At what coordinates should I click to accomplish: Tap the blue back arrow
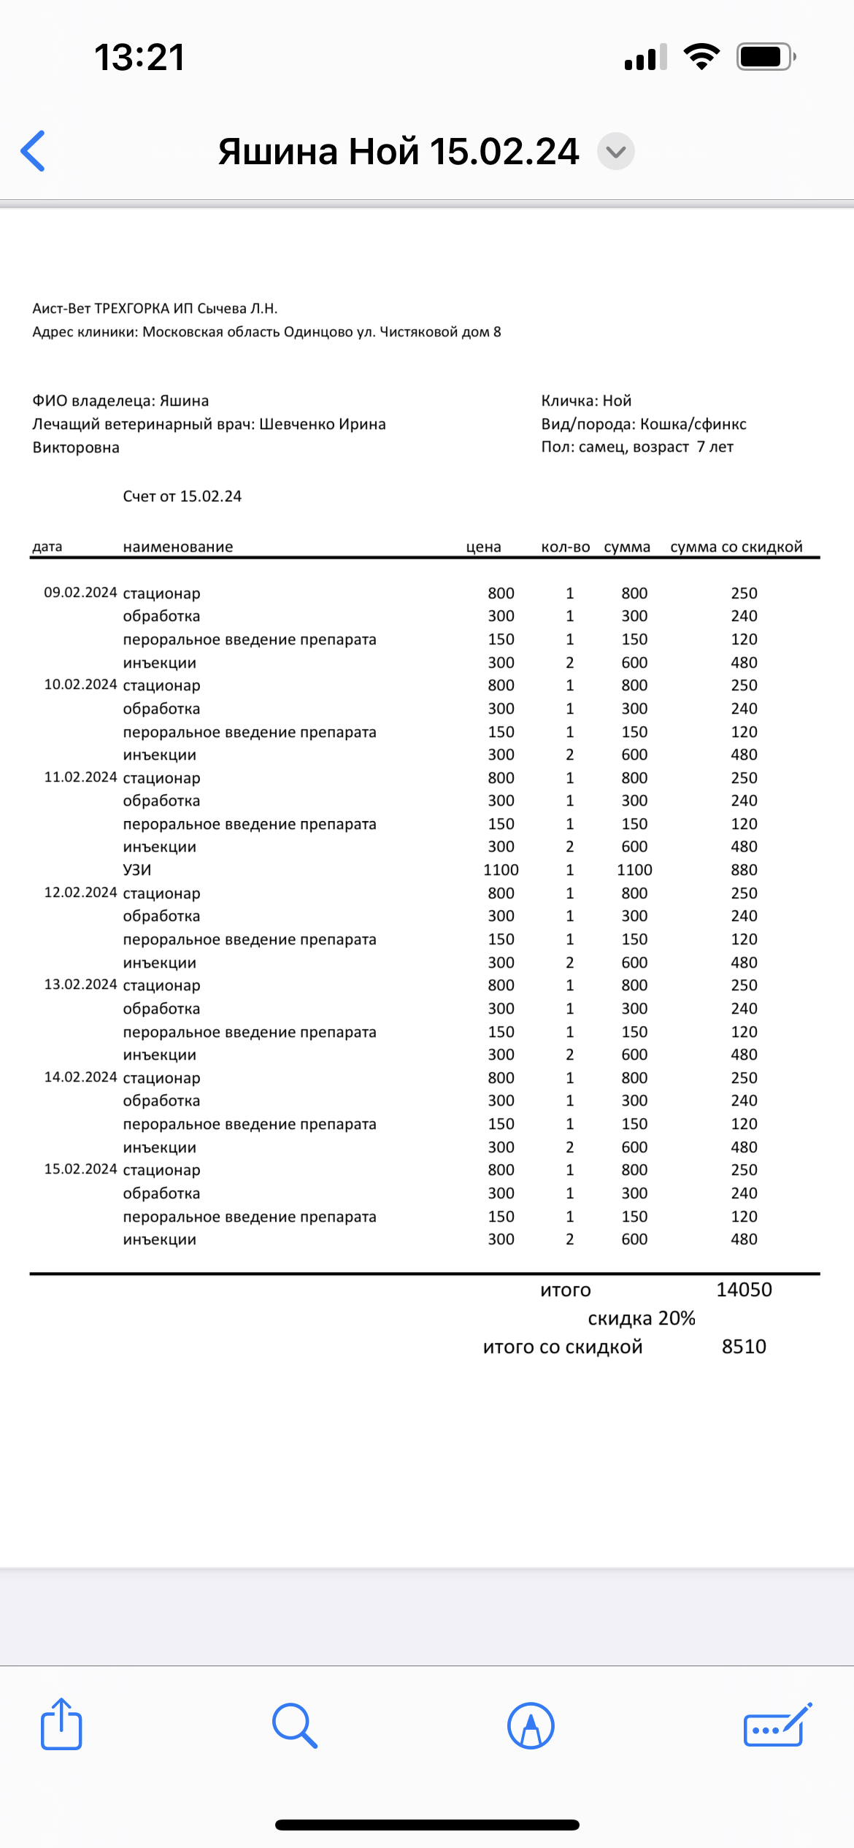point(34,151)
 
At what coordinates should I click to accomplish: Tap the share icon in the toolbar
point(61,1724)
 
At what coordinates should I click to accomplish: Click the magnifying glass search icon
point(294,1725)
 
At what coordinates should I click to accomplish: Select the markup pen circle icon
point(531,1725)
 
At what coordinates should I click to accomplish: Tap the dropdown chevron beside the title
point(616,152)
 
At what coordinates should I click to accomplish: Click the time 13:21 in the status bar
point(139,57)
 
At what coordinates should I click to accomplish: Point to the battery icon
point(765,57)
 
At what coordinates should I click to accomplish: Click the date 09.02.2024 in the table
point(80,593)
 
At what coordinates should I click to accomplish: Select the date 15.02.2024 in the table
point(80,1169)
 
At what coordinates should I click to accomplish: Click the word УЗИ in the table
point(137,870)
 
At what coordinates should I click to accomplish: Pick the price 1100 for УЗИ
point(501,870)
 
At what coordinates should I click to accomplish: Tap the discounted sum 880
point(744,870)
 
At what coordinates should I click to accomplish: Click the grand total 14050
point(744,1290)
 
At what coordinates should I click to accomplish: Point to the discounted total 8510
point(744,1347)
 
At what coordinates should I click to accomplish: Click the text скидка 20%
point(641,1318)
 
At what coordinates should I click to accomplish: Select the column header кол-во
point(566,547)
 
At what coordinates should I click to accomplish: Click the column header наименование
point(178,547)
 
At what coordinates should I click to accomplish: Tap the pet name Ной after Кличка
point(617,401)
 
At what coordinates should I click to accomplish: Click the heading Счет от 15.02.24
point(182,496)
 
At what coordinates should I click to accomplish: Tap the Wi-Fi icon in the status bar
point(701,57)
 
